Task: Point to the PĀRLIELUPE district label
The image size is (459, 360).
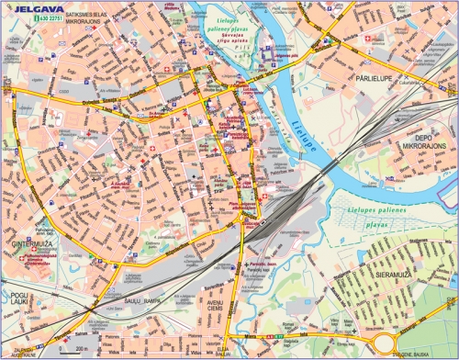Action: (376, 79)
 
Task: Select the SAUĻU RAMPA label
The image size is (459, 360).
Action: (143, 293)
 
